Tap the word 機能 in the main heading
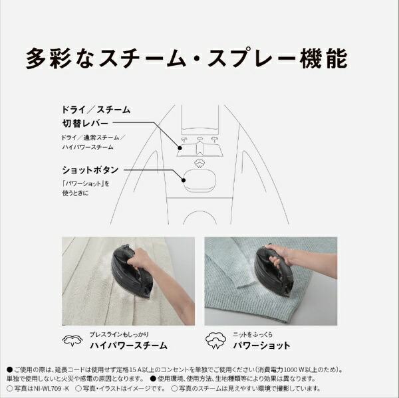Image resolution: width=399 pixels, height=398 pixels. (x=324, y=58)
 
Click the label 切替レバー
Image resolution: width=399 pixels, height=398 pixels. (x=85, y=124)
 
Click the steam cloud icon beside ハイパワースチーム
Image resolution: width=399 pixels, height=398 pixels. (x=72, y=341)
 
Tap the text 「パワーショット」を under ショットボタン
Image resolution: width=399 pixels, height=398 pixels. (x=84, y=183)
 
